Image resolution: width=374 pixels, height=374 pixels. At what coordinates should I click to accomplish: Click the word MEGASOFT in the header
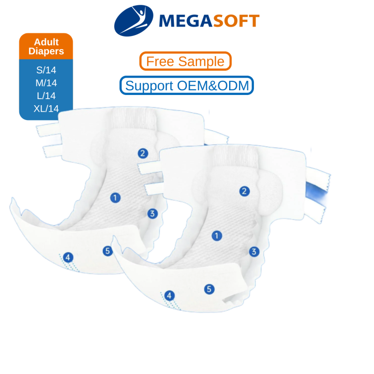(x=209, y=21)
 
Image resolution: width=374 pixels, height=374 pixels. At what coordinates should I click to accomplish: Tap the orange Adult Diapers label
(x=46, y=47)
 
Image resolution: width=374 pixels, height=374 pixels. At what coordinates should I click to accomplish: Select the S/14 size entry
(x=46, y=71)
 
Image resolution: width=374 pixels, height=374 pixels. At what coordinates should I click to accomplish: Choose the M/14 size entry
(x=46, y=84)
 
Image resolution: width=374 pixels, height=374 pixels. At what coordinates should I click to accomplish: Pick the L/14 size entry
(x=46, y=96)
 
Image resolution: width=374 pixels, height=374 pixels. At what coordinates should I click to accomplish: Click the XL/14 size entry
(x=46, y=108)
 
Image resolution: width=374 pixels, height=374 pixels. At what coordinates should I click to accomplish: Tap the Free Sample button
(x=186, y=61)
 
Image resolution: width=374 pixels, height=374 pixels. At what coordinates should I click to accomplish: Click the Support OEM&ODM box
(x=187, y=86)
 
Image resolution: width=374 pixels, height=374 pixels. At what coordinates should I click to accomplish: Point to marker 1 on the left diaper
(x=115, y=197)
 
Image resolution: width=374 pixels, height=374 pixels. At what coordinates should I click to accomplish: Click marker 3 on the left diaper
(x=152, y=214)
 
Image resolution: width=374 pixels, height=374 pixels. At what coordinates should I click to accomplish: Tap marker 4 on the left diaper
(x=68, y=257)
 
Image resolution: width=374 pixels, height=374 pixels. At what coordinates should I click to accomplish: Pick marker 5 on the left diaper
(x=108, y=251)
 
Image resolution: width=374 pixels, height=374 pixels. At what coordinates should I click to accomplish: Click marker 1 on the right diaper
(x=216, y=236)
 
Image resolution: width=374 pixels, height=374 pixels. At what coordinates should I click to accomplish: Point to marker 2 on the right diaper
(x=244, y=191)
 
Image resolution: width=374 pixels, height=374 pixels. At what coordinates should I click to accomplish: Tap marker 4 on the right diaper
(x=169, y=295)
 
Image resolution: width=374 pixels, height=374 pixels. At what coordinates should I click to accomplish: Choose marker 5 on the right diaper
(x=209, y=289)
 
